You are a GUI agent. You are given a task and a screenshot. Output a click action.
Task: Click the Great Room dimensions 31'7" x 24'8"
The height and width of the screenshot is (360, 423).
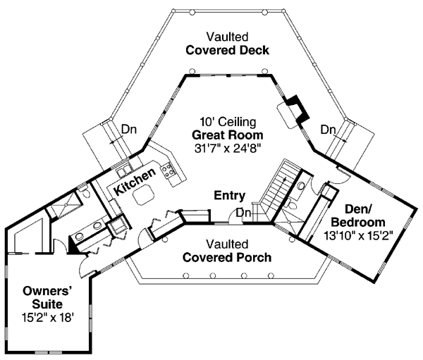(x=228, y=148)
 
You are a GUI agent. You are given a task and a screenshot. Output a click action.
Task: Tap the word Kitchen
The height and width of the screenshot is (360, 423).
(x=135, y=181)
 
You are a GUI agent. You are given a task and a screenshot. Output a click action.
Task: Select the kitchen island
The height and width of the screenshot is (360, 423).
(x=144, y=194)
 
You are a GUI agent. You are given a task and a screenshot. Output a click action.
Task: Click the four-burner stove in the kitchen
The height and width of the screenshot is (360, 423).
(x=168, y=170)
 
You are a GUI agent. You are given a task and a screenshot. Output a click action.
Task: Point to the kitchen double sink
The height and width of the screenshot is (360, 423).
(x=124, y=171)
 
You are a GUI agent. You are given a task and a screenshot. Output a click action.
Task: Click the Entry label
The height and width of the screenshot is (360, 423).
(x=230, y=195)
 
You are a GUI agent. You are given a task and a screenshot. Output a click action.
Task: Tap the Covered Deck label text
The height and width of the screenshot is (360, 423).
(x=227, y=51)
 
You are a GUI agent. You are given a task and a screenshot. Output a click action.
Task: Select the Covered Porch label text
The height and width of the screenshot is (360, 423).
(x=227, y=258)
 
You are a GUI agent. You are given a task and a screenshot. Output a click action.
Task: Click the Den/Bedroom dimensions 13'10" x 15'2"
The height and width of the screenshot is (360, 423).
(x=357, y=236)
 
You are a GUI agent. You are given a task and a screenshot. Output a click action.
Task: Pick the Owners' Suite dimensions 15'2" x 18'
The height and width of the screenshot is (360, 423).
(x=47, y=318)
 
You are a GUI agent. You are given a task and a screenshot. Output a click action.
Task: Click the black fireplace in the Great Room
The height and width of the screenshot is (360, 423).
(x=298, y=109)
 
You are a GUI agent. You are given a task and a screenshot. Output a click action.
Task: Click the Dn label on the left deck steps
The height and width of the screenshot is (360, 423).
(x=129, y=130)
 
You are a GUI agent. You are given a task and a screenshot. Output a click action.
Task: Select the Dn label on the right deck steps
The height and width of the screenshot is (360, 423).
(x=328, y=130)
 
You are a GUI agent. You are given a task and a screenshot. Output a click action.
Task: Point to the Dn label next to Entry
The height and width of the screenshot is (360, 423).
(x=244, y=213)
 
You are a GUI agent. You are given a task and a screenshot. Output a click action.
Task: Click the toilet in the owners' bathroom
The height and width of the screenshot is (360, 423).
(x=85, y=192)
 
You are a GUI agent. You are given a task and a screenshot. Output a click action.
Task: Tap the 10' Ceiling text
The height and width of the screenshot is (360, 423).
(x=228, y=122)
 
